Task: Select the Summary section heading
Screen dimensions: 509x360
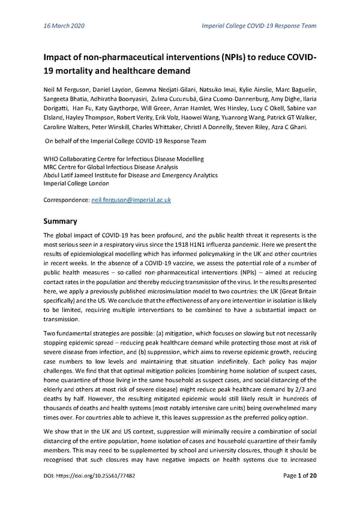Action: pyautogui.click(x=64, y=221)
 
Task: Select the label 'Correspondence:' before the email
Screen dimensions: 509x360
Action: pyautogui.click(x=67, y=199)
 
